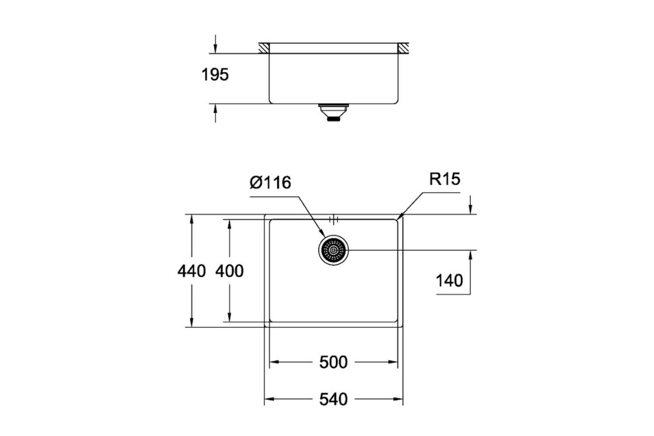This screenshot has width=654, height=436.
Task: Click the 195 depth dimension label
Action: click(215, 75)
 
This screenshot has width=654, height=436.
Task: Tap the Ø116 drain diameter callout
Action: click(270, 183)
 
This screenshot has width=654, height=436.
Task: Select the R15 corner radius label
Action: click(444, 179)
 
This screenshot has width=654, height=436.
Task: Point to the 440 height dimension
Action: click(191, 271)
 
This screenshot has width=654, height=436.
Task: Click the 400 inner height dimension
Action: click(229, 271)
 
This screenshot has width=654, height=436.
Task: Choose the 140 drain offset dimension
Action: click(449, 281)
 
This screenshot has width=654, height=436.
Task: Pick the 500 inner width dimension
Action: click(334, 362)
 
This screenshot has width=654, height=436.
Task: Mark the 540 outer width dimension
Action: click(334, 399)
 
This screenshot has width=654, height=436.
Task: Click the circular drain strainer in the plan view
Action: click(334, 250)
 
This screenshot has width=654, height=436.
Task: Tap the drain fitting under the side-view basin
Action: click(334, 112)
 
